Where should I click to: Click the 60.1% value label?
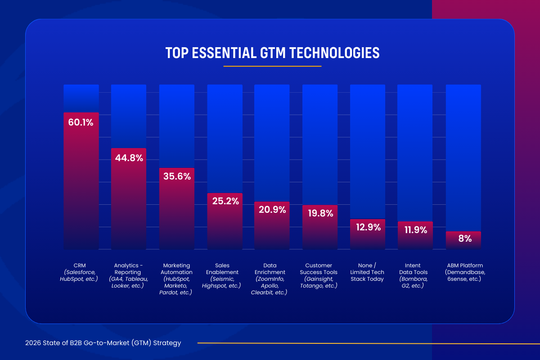click(81, 122)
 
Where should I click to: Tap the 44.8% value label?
click(129, 158)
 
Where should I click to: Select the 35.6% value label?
click(177, 177)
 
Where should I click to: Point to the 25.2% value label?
click(225, 201)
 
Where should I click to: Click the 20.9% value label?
click(272, 210)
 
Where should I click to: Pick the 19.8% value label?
click(319, 213)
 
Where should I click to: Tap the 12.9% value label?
click(368, 227)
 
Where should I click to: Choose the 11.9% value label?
click(415, 230)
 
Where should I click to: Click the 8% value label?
click(463, 239)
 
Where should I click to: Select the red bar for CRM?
click(81, 189)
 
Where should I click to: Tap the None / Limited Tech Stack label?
click(368, 272)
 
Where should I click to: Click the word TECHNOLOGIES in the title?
click(333, 53)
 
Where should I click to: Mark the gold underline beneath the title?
click(272, 66)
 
